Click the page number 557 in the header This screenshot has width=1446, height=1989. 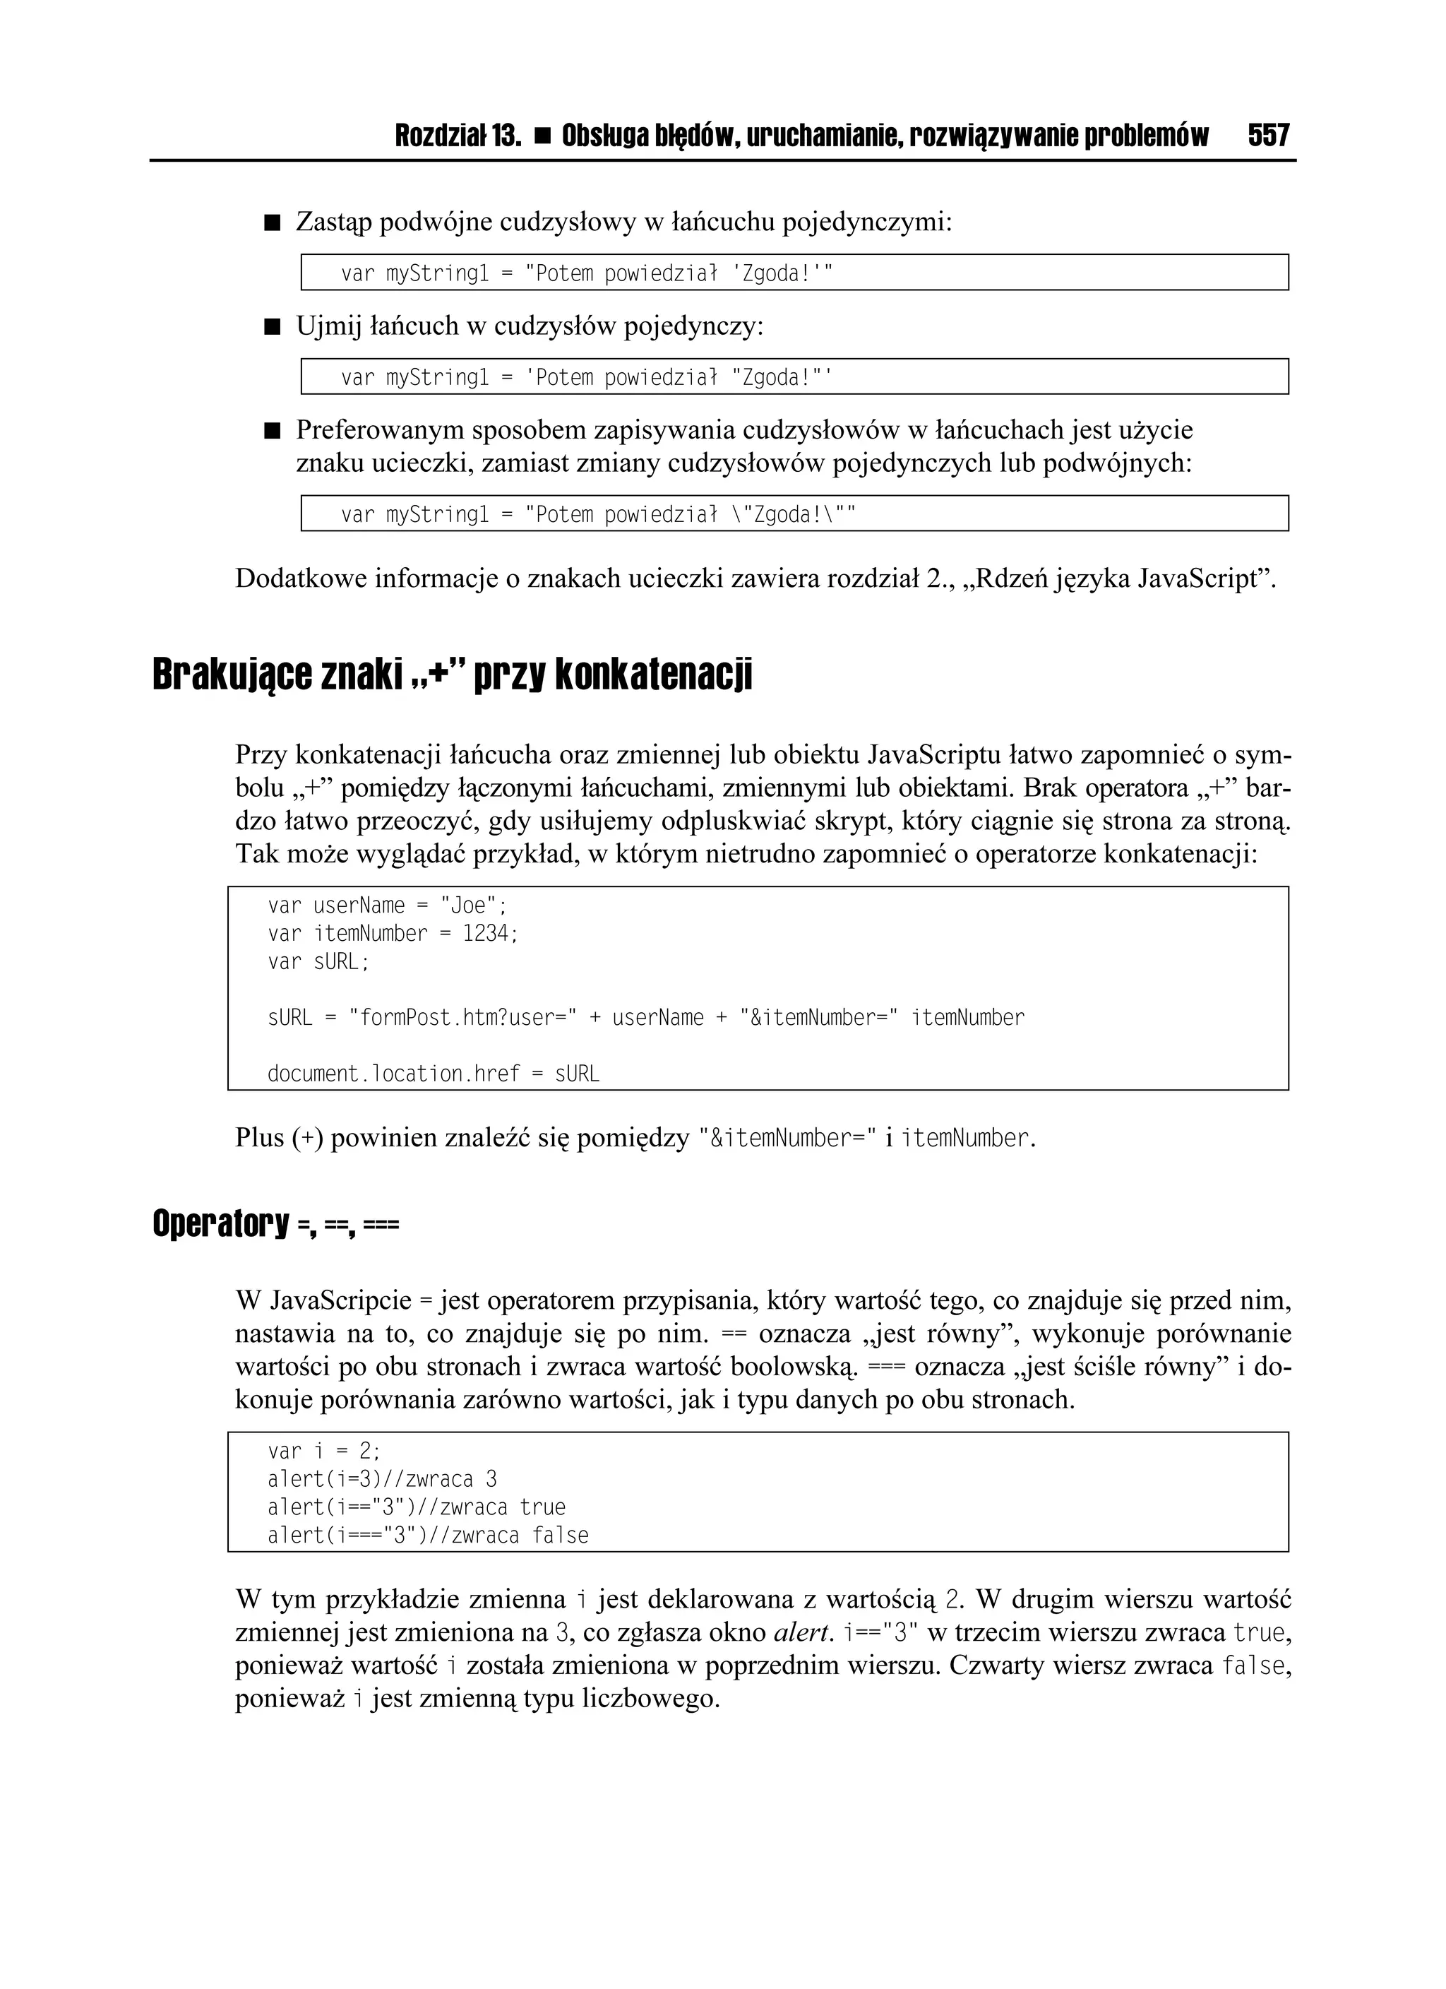click(1268, 136)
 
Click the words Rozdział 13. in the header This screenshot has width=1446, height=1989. click(458, 136)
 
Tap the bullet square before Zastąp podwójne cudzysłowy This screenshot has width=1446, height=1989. click(272, 224)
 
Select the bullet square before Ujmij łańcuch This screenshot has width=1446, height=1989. click(272, 328)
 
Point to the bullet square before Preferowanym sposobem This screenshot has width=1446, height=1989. click(272, 432)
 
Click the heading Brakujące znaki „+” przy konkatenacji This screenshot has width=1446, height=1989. click(452, 675)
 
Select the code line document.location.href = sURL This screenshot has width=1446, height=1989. click(434, 1074)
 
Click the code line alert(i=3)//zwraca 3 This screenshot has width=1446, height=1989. click(381, 1480)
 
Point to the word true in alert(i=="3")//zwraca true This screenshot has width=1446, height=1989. click(543, 1507)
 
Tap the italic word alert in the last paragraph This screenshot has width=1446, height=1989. click(801, 1633)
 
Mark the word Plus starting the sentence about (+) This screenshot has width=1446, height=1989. click(260, 1139)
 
